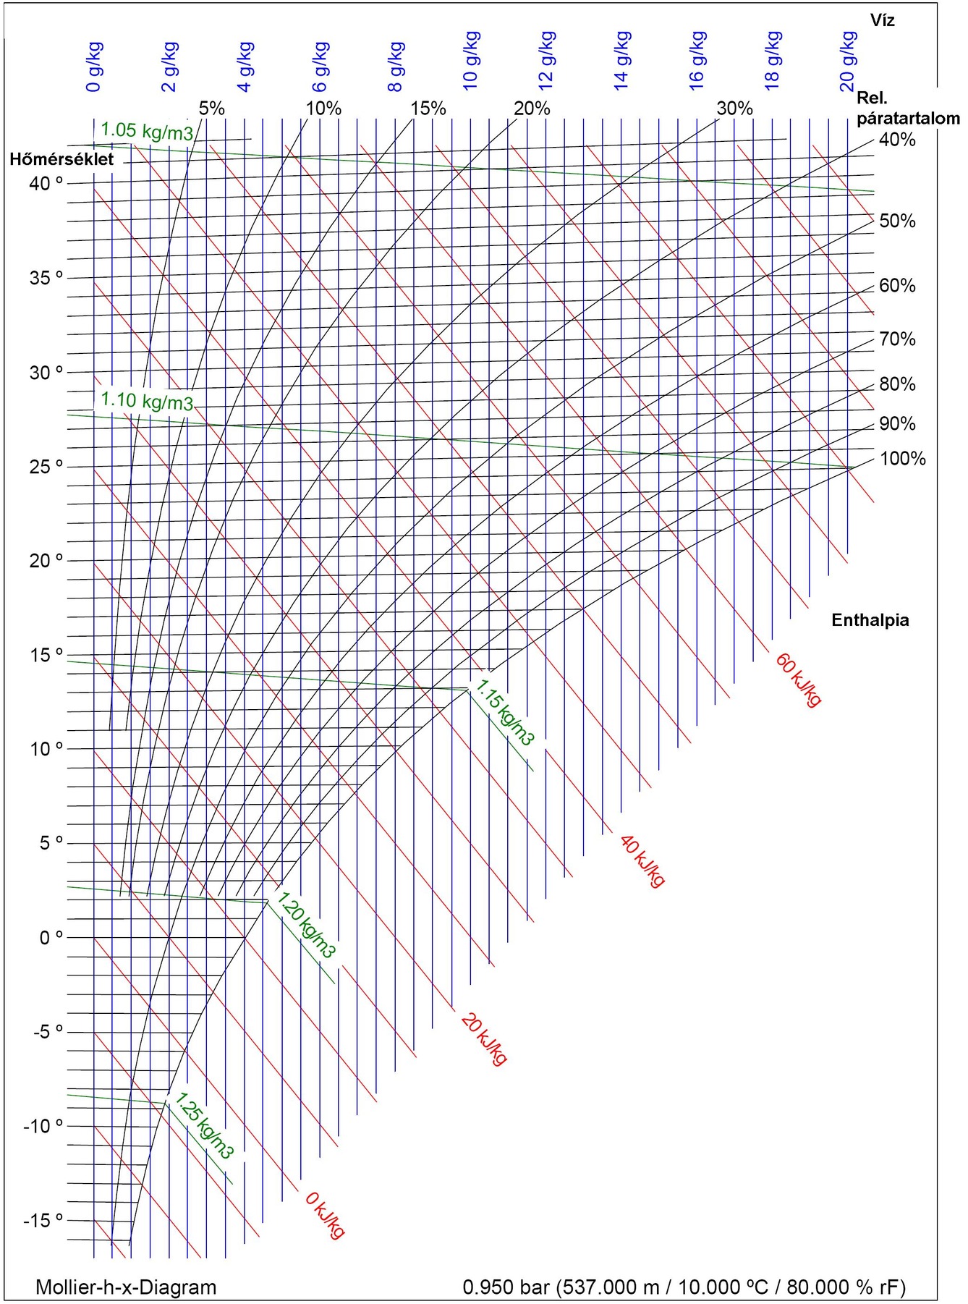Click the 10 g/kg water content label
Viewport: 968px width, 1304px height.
[x=471, y=61]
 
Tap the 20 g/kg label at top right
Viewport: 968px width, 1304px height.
[x=848, y=62]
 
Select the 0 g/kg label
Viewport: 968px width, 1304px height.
[x=94, y=67]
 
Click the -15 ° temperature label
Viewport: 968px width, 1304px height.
[x=43, y=1221]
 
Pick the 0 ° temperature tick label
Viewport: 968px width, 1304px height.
[x=51, y=938]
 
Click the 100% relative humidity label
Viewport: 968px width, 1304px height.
[x=902, y=459]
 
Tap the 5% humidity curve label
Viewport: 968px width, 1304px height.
[x=211, y=109]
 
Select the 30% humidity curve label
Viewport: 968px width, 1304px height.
[x=734, y=109]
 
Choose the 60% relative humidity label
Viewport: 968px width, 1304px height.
[x=897, y=286]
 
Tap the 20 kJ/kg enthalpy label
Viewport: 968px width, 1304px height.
[x=483, y=1039]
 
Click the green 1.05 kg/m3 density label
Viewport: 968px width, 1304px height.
[x=147, y=132]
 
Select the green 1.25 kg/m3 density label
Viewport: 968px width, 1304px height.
[x=204, y=1126]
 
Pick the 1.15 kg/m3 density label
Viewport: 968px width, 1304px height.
[x=505, y=712]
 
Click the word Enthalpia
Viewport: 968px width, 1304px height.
[x=870, y=620]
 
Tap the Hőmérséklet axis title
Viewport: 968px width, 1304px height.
[x=61, y=159]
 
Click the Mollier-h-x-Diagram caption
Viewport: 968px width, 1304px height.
[x=126, y=1287]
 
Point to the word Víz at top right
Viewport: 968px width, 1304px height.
[x=882, y=20]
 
